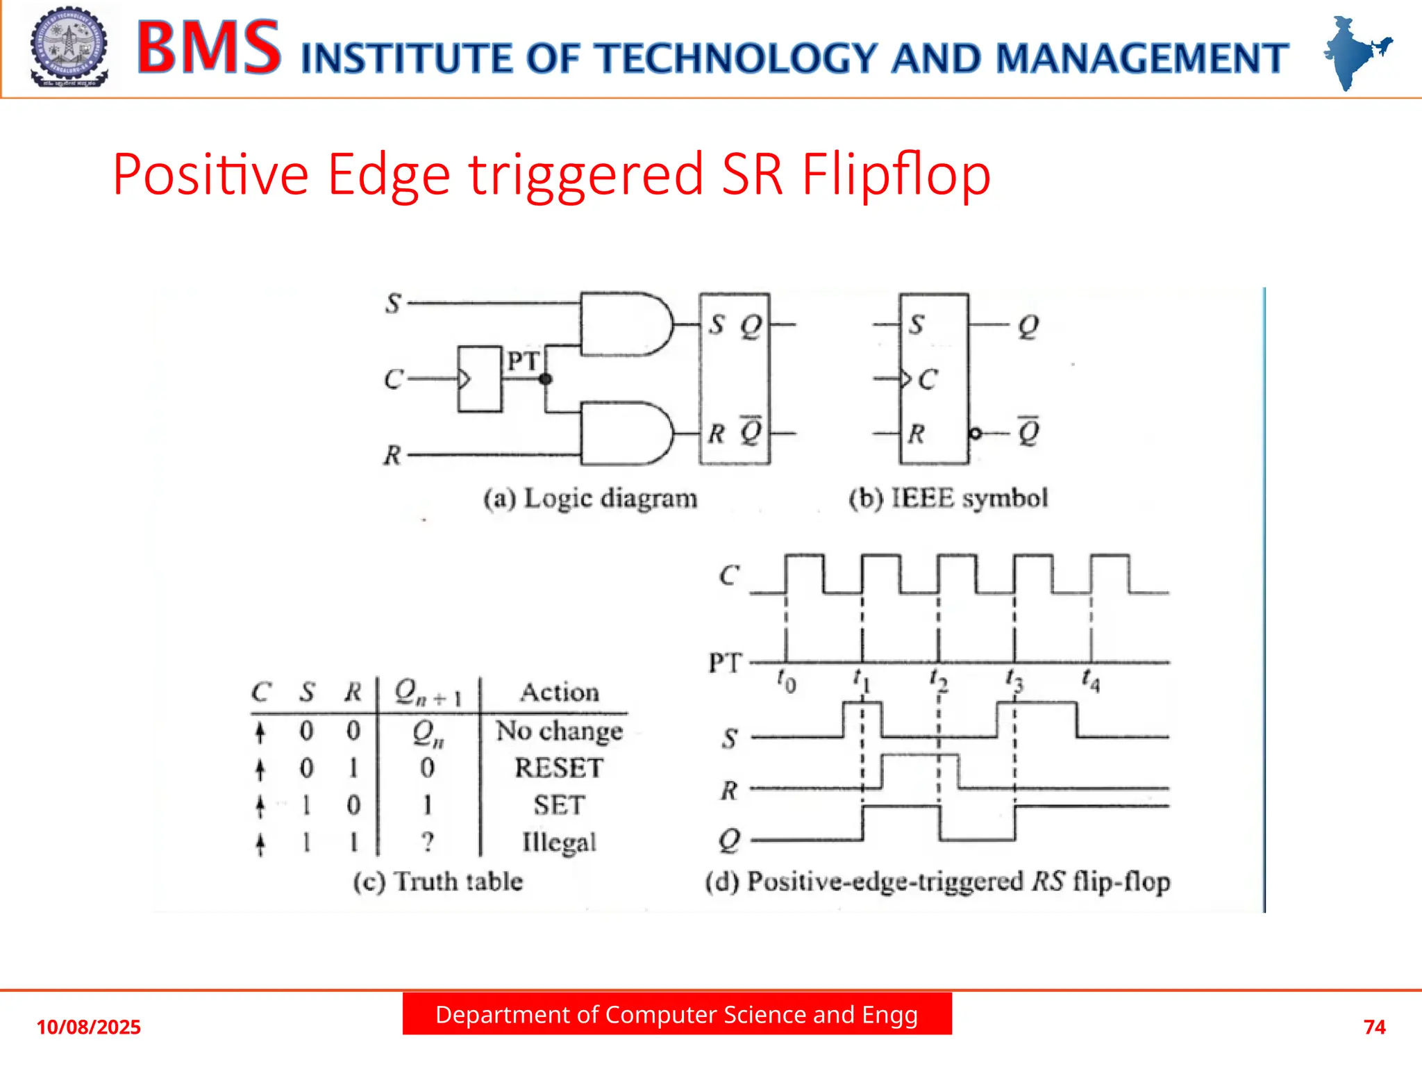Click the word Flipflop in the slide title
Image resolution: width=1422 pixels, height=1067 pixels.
click(x=896, y=174)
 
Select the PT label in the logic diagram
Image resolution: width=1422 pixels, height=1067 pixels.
click(x=523, y=361)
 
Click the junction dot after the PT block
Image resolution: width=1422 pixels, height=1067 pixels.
click(x=546, y=379)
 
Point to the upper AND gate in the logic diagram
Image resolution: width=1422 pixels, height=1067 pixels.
click(x=625, y=324)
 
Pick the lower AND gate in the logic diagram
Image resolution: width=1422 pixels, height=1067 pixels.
click(x=625, y=433)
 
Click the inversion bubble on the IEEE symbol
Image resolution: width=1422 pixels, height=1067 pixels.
click(x=976, y=433)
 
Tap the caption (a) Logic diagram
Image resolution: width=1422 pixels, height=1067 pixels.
click(x=590, y=499)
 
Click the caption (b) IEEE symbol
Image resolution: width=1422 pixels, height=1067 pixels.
click(x=948, y=499)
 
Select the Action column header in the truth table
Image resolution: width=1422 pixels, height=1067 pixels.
click(x=560, y=693)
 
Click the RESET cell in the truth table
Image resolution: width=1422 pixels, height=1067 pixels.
click(x=559, y=768)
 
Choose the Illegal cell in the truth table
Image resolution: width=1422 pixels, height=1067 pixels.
click(x=559, y=843)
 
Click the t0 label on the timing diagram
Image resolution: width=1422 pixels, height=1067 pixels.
click(x=786, y=681)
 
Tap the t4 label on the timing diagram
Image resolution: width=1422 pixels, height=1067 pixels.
click(x=1091, y=681)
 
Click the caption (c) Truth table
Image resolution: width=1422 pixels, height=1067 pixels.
click(x=437, y=882)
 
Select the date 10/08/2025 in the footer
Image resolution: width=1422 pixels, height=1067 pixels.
click(x=88, y=1027)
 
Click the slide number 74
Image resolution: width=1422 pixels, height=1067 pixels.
click(x=1374, y=1027)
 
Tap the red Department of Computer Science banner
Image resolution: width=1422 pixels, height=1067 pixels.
click(x=677, y=1014)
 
